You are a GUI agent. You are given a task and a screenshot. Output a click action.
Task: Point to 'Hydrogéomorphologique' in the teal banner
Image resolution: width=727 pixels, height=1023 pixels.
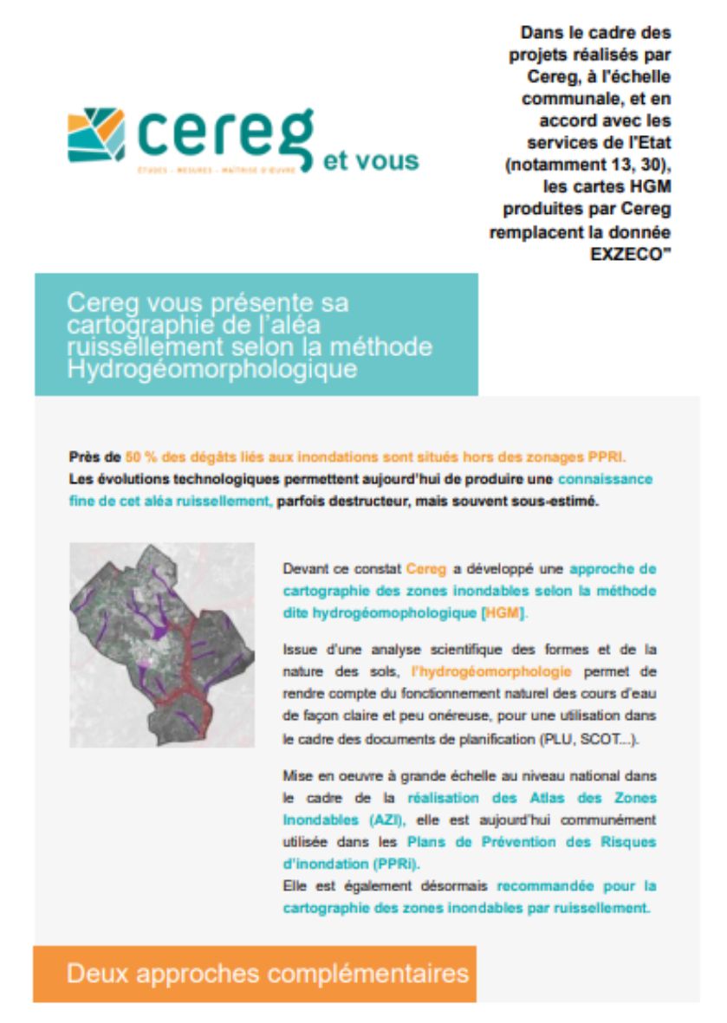tap(211, 369)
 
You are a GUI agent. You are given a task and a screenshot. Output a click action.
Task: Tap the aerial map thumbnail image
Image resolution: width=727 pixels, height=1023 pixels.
tap(162, 644)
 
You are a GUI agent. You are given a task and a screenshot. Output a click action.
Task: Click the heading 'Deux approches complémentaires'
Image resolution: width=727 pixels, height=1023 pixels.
tap(267, 973)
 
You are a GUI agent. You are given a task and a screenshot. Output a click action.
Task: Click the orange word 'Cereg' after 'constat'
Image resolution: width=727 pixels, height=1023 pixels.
tap(425, 569)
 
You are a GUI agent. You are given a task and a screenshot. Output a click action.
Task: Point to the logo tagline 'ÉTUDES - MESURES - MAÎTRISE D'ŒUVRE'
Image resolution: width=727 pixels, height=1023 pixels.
tap(217, 170)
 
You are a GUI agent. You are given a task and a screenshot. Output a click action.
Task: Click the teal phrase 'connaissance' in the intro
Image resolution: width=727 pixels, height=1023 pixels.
tap(604, 479)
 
